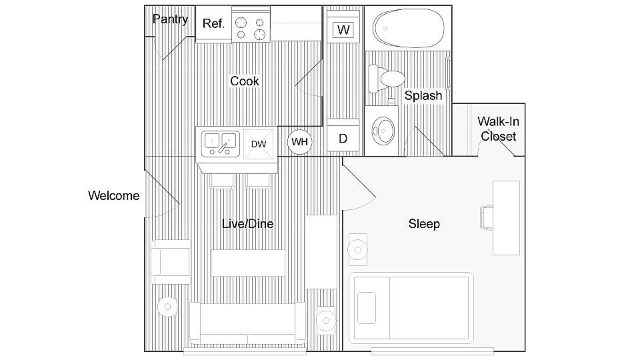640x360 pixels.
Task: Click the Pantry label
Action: click(170, 19)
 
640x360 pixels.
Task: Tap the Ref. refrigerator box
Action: click(213, 24)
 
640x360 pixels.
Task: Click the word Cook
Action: click(245, 81)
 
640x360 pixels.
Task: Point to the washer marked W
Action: click(343, 30)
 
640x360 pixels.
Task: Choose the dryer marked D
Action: click(343, 139)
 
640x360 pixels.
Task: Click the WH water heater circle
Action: click(299, 141)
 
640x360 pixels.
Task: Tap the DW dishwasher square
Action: click(259, 143)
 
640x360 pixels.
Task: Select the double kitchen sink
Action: click(220, 141)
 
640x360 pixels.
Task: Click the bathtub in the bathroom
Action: click(406, 28)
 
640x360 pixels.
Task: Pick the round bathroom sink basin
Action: click(382, 131)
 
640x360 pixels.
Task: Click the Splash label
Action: click(423, 96)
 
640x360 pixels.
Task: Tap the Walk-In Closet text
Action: click(499, 129)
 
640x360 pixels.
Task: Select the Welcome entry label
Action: click(114, 196)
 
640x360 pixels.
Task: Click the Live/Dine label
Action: click(247, 224)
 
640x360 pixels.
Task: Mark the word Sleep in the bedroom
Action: click(424, 224)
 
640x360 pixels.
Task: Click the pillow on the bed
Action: click(367, 307)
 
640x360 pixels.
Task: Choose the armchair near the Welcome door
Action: click(170, 257)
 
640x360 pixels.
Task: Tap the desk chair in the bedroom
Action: click(486, 218)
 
